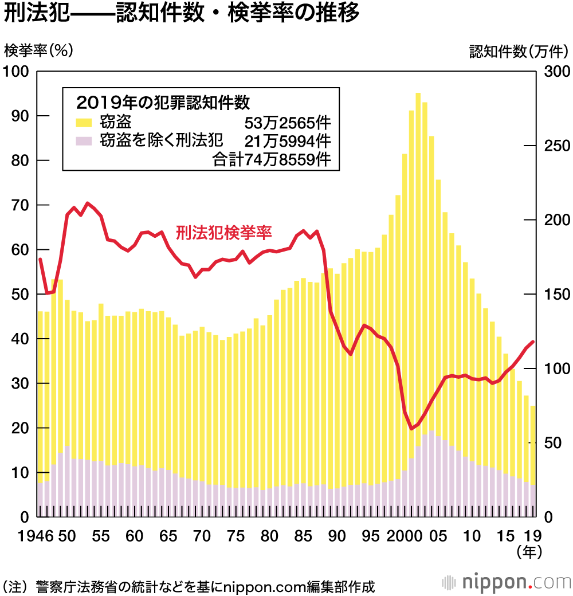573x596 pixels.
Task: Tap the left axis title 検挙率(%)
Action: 38,51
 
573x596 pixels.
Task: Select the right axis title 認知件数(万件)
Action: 518,51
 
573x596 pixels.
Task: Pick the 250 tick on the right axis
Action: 555,146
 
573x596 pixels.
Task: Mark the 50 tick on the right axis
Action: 551,443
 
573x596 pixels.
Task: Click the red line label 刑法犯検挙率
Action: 224,233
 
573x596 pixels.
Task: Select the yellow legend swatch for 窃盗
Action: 84,122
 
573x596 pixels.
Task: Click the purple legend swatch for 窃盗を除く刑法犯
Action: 84,140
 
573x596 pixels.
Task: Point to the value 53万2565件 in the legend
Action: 288,123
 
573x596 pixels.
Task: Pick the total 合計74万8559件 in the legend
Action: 272,159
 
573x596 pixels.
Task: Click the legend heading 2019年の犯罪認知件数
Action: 163,103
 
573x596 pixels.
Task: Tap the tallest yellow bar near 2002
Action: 418,287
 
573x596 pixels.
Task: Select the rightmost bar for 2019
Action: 533,458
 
